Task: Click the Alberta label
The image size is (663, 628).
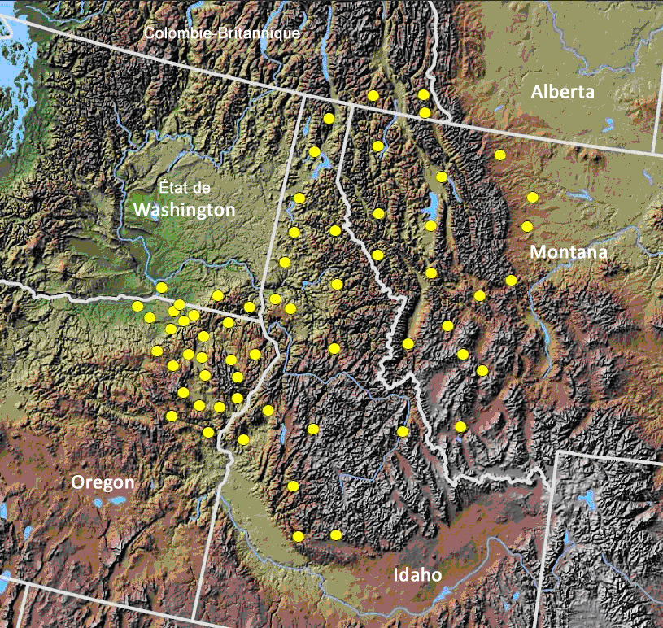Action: click(563, 92)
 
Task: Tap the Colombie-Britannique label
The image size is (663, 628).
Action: click(222, 33)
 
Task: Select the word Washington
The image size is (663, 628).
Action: click(184, 209)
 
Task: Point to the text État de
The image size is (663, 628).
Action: click(184, 188)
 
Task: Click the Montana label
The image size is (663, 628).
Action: click(569, 252)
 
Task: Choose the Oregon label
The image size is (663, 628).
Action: click(103, 482)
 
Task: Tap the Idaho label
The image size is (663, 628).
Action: click(417, 575)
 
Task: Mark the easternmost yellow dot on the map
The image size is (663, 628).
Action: click(532, 197)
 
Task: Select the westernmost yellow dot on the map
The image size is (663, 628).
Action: click(137, 306)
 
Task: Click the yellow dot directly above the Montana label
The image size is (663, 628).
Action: click(527, 225)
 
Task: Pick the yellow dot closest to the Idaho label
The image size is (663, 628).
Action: click(336, 534)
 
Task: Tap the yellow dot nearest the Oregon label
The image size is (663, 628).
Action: click(172, 416)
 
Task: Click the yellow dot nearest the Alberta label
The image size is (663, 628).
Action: click(499, 154)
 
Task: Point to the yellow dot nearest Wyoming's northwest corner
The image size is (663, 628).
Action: click(460, 426)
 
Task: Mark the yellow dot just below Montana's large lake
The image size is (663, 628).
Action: click(430, 225)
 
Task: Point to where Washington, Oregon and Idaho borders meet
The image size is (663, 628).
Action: click(263, 320)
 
